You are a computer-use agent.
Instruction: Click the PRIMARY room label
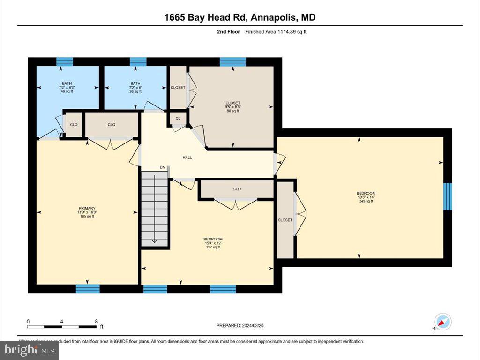coord(87,208)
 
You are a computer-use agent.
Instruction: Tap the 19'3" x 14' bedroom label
coord(366,193)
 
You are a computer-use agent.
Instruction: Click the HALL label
coord(187,157)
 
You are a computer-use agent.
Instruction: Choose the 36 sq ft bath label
coord(135,87)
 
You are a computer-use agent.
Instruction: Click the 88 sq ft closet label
coord(232,103)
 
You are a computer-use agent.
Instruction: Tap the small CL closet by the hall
coord(178,119)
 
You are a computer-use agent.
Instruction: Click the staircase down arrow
coord(155,240)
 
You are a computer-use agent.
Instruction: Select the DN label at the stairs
coord(162,167)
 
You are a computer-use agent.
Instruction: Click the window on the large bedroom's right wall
coord(447,196)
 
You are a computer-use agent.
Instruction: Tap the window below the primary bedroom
coord(88,289)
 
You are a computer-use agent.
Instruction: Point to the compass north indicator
coord(442,322)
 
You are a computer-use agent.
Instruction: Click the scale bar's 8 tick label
coord(96,322)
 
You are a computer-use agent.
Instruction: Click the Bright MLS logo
coord(29,350)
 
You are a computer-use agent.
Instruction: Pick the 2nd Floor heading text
coord(228,32)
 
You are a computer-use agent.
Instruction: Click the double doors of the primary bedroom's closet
coord(112,143)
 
